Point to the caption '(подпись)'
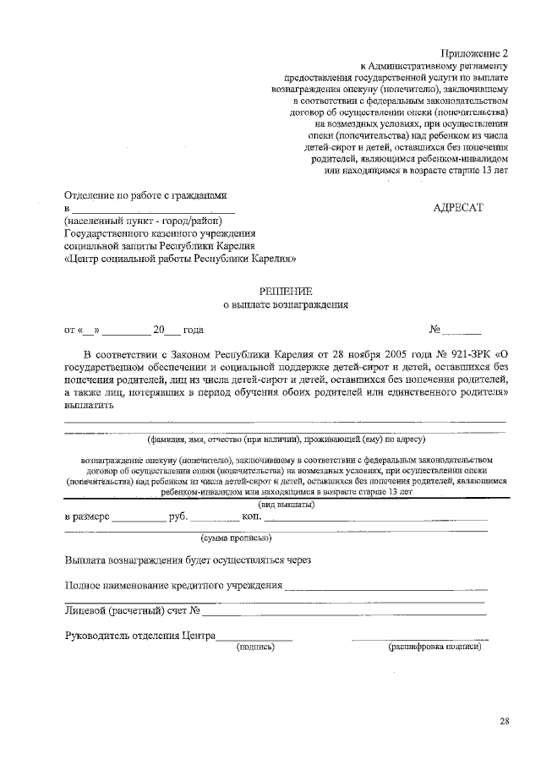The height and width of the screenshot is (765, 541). (254, 647)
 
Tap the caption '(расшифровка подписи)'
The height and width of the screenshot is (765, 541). (434, 647)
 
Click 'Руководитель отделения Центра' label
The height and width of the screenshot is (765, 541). (140, 636)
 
